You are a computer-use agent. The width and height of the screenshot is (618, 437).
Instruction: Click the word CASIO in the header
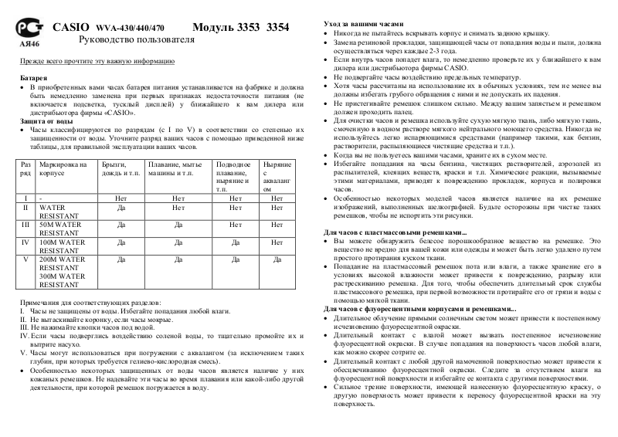click(71, 27)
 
